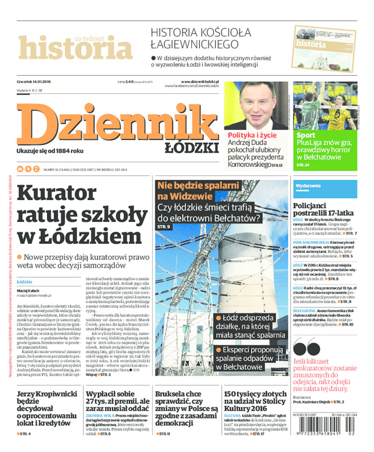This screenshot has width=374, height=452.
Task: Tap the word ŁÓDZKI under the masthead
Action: [198, 147]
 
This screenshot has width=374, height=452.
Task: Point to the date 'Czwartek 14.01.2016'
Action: [38, 82]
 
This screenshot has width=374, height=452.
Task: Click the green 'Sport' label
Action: [306, 136]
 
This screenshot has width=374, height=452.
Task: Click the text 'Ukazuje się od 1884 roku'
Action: [51, 151]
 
